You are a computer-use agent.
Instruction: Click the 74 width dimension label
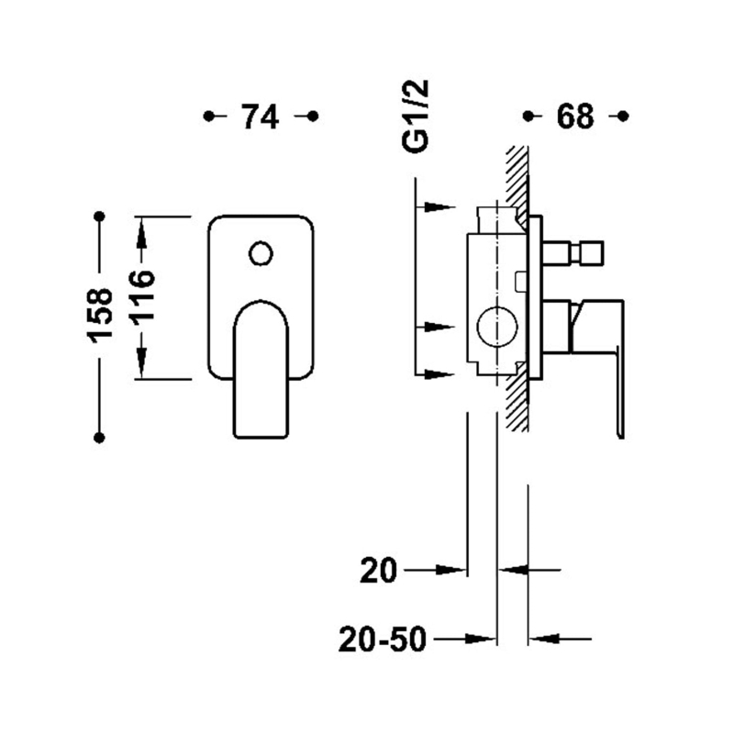(x=260, y=117)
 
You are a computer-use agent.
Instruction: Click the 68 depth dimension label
(x=575, y=117)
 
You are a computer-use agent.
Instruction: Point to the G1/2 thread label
(x=416, y=116)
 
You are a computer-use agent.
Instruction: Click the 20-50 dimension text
(x=383, y=639)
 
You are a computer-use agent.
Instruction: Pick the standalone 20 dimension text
(x=378, y=571)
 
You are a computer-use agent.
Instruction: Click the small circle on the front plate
(x=261, y=254)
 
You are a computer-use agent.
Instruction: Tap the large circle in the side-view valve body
(x=497, y=327)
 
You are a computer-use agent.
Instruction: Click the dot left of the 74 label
(x=209, y=116)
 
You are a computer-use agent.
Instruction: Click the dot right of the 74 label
(x=313, y=116)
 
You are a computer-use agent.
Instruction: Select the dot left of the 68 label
(x=528, y=116)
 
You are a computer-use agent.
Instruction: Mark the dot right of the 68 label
(x=623, y=116)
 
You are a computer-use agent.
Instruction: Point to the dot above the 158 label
(x=99, y=217)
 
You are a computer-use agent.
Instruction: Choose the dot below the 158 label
(x=99, y=438)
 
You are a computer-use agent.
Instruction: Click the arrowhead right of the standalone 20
(x=451, y=570)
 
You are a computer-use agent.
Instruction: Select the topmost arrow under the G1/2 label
(x=440, y=207)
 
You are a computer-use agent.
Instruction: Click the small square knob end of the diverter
(x=591, y=252)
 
